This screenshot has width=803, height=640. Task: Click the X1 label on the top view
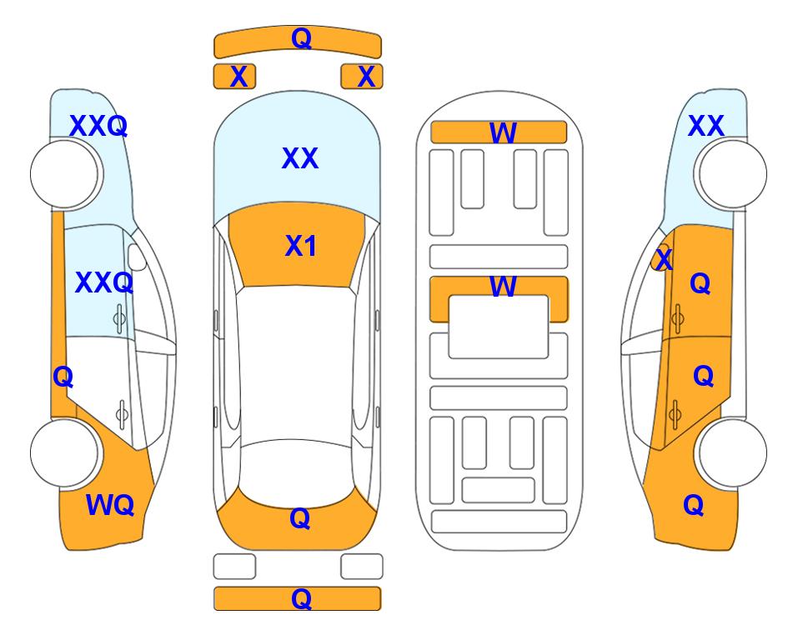[301, 246]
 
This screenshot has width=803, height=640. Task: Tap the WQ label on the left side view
[110, 505]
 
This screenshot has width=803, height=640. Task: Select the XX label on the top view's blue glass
[300, 157]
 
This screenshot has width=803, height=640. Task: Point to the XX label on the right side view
[705, 126]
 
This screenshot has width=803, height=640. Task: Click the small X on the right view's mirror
[664, 258]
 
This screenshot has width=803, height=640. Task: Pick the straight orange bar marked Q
[298, 598]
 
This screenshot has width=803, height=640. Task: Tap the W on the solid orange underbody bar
[503, 132]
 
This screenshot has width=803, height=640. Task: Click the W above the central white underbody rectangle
[503, 286]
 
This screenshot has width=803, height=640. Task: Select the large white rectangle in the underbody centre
[499, 327]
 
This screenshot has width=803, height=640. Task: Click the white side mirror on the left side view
[137, 257]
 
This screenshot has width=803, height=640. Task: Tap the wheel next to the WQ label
[64, 452]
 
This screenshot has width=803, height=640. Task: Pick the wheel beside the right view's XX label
[733, 174]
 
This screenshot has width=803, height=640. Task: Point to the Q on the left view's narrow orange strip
[63, 377]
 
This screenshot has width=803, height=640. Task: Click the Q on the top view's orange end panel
[300, 518]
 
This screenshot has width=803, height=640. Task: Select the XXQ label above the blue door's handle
[104, 282]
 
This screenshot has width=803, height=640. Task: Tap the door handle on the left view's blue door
[119, 319]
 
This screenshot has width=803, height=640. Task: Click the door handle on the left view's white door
[122, 413]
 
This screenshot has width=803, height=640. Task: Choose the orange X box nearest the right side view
[362, 77]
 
